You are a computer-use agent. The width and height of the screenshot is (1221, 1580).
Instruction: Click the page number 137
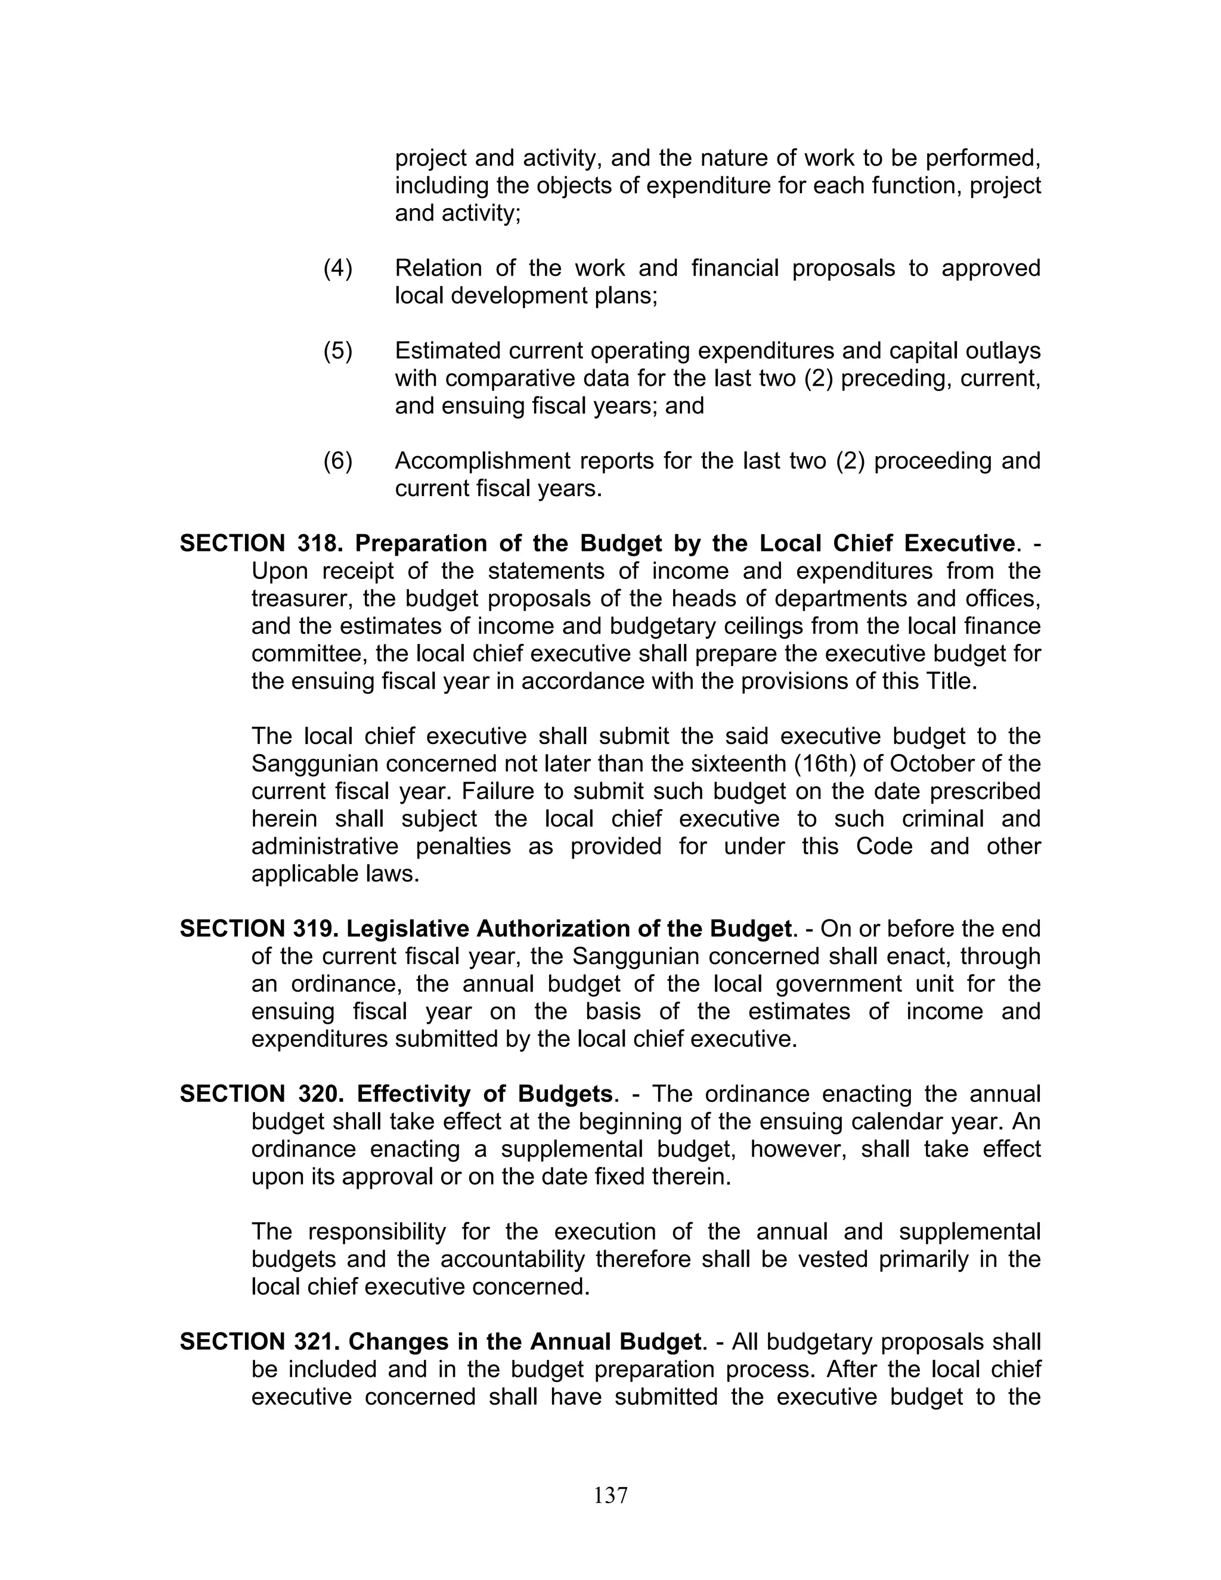pos(610,1495)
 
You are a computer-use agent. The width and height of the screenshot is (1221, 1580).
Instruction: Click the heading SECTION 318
pos(261,543)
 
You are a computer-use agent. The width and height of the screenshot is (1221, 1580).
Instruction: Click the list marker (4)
pos(338,268)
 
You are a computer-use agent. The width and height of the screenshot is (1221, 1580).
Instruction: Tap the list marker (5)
pos(338,351)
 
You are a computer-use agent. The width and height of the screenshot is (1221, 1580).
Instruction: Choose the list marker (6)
pos(338,461)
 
